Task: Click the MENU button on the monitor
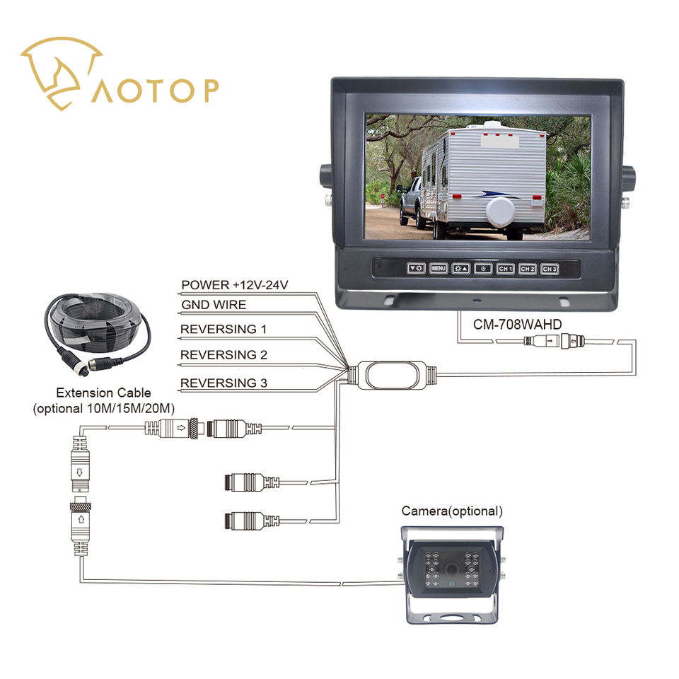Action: (439, 268)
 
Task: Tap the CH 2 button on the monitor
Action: (527, 269)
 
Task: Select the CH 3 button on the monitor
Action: (550, 269)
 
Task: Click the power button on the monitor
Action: (483, 268)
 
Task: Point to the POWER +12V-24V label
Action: (235, 285)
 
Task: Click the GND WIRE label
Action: (214, 305)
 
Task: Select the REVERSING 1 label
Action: (223, 330)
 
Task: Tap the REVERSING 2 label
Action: (223, 354)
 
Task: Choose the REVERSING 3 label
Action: (223, 383)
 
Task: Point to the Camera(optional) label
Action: (452, 511)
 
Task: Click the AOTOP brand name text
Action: (154, 91)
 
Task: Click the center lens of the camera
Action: (451, 568)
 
